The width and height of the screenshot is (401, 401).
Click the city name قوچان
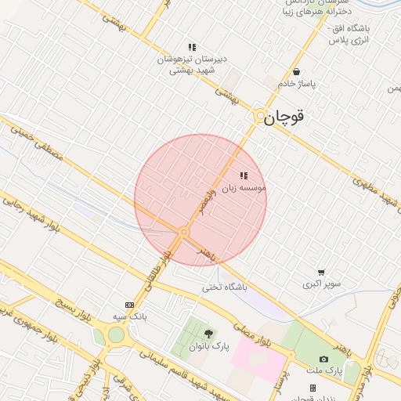(x=284, y=117)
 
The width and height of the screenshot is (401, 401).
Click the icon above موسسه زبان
(x=244, y=176)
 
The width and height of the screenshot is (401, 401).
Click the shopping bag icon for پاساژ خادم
(x=295, y=71)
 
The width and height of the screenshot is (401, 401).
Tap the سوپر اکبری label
(x=320, y=284)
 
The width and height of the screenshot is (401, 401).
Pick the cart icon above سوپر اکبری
(x=321, y=273)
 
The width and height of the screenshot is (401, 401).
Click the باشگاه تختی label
(x=224, y=287)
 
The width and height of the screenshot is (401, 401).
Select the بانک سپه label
(x=129, y=316)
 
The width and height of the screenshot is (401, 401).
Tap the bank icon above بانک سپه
(x=129, y=305)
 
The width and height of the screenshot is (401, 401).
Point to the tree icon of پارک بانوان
(x=208, y=334)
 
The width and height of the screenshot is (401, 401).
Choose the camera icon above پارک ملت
(x=323, y=359)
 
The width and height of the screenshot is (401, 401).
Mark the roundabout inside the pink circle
(x=184, y=233)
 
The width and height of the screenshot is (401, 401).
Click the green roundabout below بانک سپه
(x=116, y=334)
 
